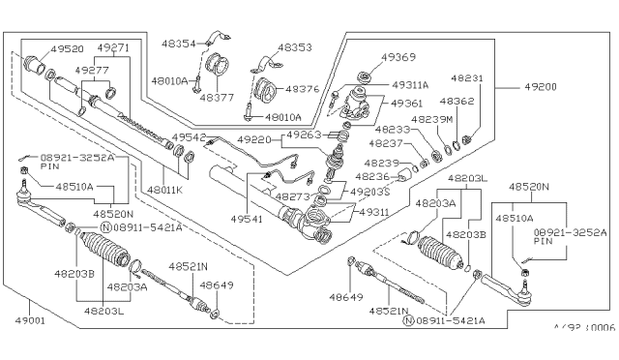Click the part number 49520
pyautogui.click(x=67, y=47)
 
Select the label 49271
pyautogui.click(x=114, y=47)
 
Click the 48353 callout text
pyautogui.click(x=297, y=46)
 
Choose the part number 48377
pyautogui.click(x=218, y=97)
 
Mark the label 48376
pyautogui.click(x=302, y=89)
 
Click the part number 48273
pyautogui.click(x=291, y=196)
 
